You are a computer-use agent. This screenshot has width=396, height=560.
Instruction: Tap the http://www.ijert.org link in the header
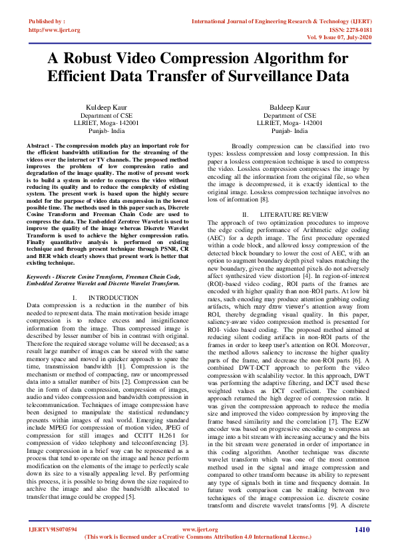(x=55, y=30)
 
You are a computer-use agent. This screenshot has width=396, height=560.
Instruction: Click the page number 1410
(x=361, y=529)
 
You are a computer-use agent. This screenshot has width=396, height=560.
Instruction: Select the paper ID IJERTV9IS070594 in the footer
(x=52, y=529)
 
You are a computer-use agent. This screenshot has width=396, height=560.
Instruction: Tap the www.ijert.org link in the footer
(x=197, y=529)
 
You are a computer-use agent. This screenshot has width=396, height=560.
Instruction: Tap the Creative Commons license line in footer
(x=198, y=536)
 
